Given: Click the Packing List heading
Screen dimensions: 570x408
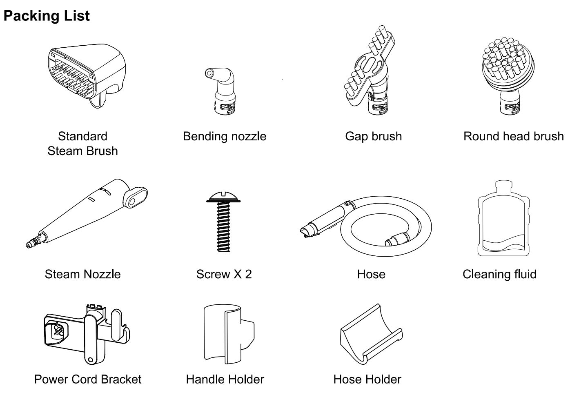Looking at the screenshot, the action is point(47,16).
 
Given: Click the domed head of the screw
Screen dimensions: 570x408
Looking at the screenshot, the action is point(223,197).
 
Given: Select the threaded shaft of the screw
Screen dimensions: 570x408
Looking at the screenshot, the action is point(223,227).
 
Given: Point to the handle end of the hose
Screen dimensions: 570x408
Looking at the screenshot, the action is point(326,220).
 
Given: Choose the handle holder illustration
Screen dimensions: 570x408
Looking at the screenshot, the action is point(229,334).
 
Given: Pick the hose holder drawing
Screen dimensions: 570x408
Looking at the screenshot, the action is point(371,334).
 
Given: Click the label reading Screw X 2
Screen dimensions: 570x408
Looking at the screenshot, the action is point(224,274).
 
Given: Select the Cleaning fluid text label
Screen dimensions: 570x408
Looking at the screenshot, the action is point(499,274).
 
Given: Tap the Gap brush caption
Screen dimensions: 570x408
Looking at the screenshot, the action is point(373,137).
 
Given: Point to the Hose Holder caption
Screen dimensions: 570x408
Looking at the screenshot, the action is point(367,379).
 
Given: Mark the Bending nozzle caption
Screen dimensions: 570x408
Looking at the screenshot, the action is point(225,137).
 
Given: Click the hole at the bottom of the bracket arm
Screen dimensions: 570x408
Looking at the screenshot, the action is point(90,360).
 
